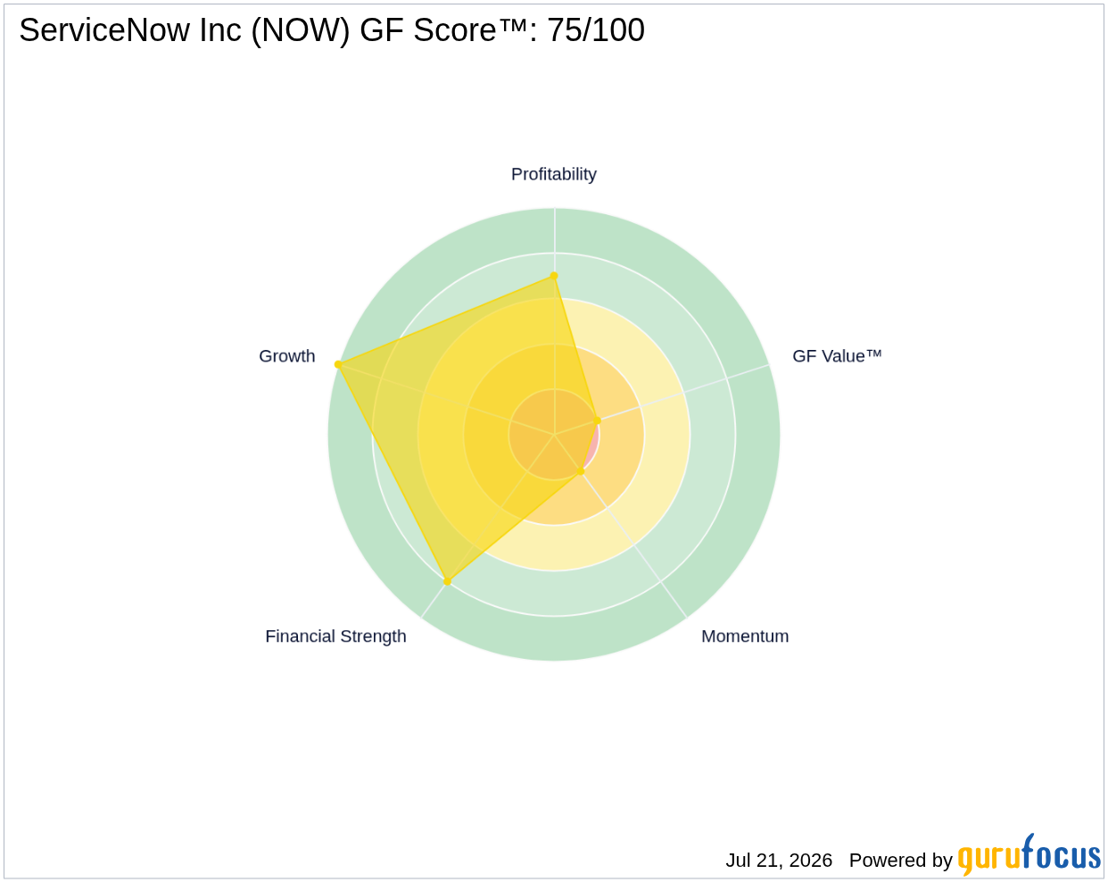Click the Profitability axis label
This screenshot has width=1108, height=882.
(553, 174)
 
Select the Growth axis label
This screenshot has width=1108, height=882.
(286, 356)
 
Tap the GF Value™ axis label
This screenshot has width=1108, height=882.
(837, 356)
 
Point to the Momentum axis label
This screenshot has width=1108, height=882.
(745, 637)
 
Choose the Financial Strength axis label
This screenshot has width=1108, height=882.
(335, 637)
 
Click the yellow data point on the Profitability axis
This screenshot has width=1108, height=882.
(554, 276)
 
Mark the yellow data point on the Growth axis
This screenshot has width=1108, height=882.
(338, 364)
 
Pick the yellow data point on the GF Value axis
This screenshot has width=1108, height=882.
(597, 420)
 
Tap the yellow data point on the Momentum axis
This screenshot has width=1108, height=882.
(581, 470)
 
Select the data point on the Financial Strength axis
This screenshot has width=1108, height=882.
(447, 582)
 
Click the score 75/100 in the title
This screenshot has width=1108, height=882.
(595, 29)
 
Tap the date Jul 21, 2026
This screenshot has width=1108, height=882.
(779, 860)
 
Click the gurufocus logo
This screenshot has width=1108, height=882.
(1029, 854)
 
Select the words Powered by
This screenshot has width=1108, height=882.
(900, 861)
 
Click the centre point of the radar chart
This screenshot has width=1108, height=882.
(554, 434)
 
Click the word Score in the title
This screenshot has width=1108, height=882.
(454, 29)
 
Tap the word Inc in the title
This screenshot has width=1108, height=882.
(220, 29)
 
